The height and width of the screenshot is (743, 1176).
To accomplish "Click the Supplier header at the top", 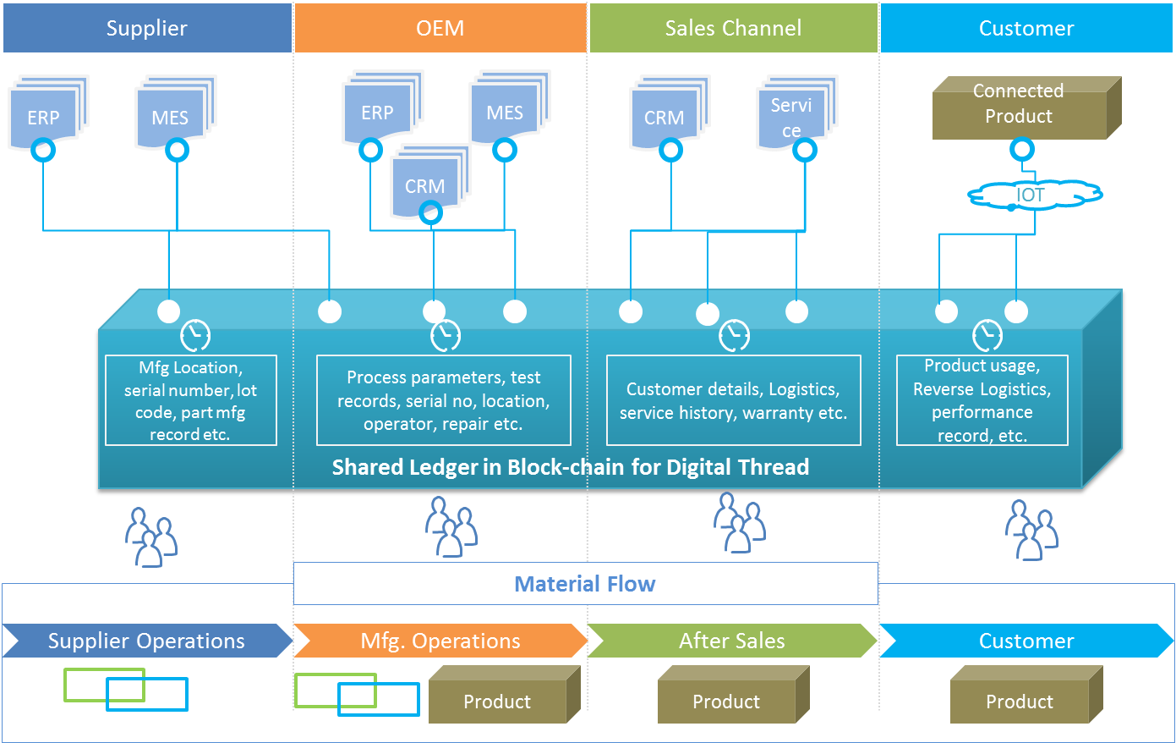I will (147, 28).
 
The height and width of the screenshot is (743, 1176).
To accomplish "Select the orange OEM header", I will (440, 28).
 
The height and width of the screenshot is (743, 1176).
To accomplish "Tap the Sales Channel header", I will (733, 28).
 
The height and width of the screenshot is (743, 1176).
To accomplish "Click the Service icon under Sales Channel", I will (792, 115).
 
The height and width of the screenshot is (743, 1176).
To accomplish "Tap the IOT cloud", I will (1032, 195).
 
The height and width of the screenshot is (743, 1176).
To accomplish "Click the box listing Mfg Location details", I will (191, 400).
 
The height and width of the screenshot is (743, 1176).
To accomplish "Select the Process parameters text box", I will (444, 400).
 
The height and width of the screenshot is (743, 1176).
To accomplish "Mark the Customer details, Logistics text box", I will (734, 400).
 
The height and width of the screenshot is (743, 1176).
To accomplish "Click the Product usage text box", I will (982, 400).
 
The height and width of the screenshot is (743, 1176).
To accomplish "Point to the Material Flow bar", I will (585, 584).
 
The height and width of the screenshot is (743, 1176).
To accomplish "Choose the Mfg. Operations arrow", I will (440, 641).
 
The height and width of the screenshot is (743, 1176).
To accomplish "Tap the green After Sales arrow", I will (732, 641).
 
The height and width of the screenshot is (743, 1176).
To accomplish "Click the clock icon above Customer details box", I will (734, 335).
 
